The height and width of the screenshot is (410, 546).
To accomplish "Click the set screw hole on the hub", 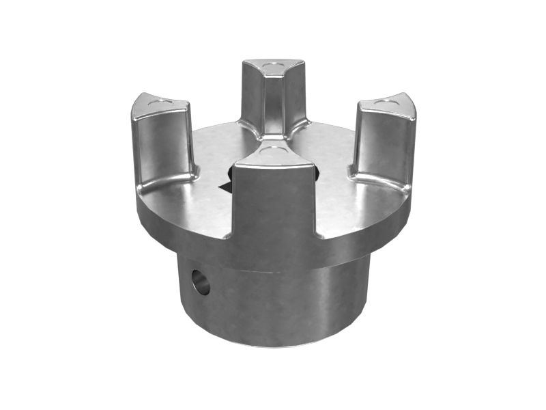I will (x=201, y=282).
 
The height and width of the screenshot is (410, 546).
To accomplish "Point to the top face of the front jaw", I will (x=273, y=154).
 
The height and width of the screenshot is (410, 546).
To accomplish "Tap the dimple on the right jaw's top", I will (x=388, y=101).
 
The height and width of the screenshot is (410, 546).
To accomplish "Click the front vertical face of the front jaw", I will (x=273, y=205).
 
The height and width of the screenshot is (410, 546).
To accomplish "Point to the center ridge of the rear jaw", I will (x=273, y=102).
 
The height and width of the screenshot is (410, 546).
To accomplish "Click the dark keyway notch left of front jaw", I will (x=223, y=185).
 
